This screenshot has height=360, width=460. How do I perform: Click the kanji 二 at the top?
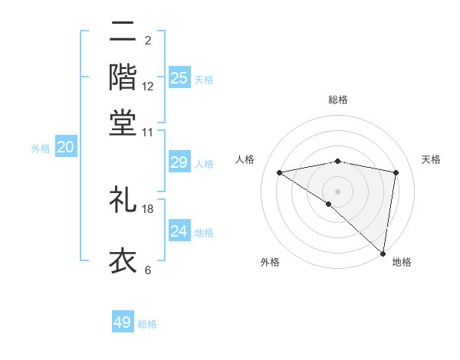[123, 31]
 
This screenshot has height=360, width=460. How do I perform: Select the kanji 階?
[123, 77]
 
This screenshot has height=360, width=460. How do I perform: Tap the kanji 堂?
[123, 122]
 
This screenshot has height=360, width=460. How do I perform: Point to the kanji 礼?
[123, 199]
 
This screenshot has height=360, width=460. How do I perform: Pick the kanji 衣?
[123, 260]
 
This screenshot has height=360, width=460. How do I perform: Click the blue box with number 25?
[179, 78]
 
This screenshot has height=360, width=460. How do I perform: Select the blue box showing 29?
[179, 162]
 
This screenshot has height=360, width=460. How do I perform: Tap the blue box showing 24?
[179, 231]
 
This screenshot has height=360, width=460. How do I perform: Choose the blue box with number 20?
[65, 148]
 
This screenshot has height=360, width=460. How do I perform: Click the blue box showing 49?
[123, 322]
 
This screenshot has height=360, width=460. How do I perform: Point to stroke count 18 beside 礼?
[148, 208]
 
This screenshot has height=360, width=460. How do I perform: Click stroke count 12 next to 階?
[148, 87]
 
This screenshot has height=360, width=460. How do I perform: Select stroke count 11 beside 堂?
[148, 132]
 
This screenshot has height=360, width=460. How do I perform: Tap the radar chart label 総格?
[338, 100]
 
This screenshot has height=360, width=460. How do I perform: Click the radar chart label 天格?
[431, 159]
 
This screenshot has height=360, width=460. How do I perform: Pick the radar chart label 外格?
[270, 262]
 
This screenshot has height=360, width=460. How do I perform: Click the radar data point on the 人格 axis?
[279, 172]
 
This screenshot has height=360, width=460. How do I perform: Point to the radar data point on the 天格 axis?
[396, 172]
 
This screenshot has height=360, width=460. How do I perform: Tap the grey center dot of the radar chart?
[337, 191]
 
